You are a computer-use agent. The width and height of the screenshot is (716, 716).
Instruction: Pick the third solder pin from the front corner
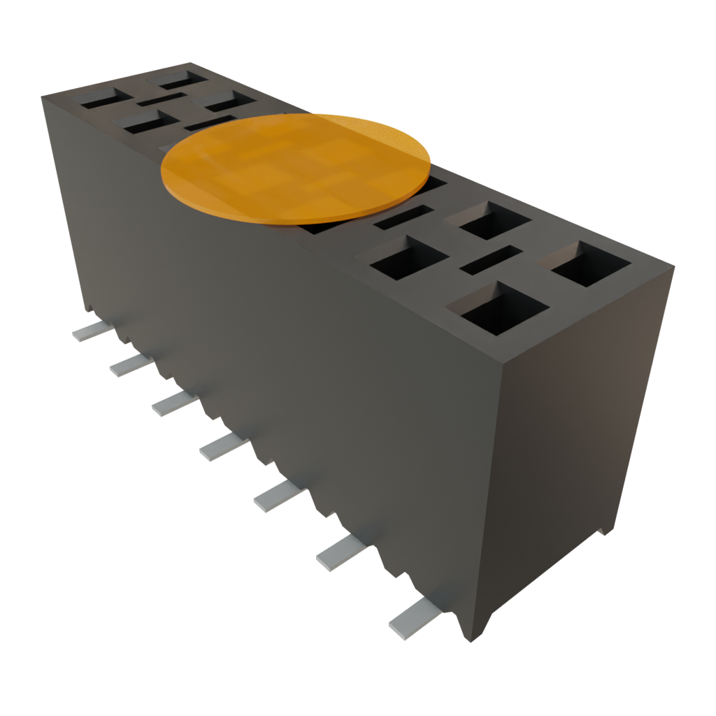pyautogui.click(x=277, y=496)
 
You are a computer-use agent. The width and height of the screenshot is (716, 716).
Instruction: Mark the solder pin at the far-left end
pyautogui.click(x=90, y=331)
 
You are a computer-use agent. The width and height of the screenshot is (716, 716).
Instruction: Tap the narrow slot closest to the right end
pyautogui.click(x=491, y=259)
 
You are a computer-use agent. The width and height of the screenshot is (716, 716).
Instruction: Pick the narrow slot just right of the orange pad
pyautogui.click(x=403, y=217)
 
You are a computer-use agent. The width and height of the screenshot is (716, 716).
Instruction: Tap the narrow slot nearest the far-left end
pyautogui.click(x=161, y=99)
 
